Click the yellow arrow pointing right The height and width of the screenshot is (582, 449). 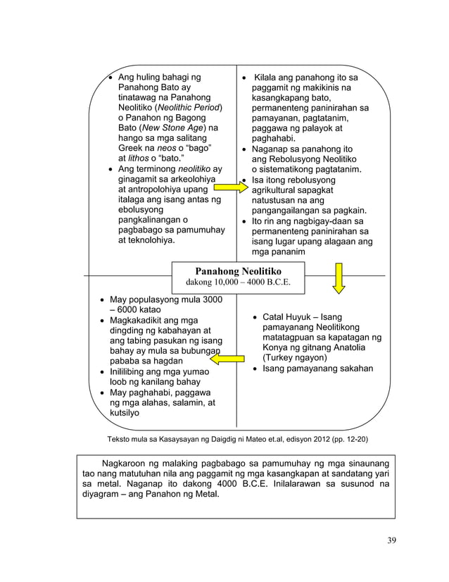[231, 189]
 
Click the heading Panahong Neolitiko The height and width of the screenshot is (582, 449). [238, 271]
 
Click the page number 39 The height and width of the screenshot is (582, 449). [392, 540]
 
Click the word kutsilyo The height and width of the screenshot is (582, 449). [124, 413]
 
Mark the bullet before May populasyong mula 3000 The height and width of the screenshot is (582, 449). [101, 300]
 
